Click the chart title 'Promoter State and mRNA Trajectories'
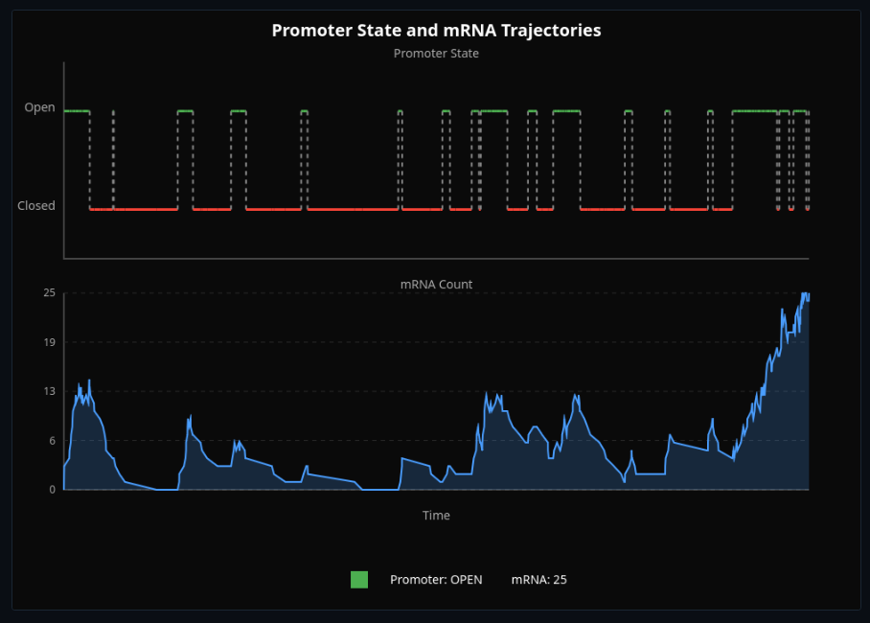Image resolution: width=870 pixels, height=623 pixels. click(x=436, y=31)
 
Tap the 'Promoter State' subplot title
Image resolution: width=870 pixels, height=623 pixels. click(x=436, y=54)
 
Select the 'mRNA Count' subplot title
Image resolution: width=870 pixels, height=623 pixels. click(x=436, y=285)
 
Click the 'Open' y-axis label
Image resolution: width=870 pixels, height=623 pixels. click(x=40, y=108)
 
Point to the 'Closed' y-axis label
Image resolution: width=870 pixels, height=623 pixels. click(x=36, y=206)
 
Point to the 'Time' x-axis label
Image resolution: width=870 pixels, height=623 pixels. click(x=436, y=516)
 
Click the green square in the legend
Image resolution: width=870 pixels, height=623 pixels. click(x=359, y=579)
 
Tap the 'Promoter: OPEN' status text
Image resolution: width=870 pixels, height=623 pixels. click(x=436, y=580)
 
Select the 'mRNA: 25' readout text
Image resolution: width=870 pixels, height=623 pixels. click(x=539, y=580)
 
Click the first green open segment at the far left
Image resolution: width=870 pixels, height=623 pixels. click(x=77, y=111)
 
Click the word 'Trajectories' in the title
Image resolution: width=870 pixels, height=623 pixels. click(x=551, y=31)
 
